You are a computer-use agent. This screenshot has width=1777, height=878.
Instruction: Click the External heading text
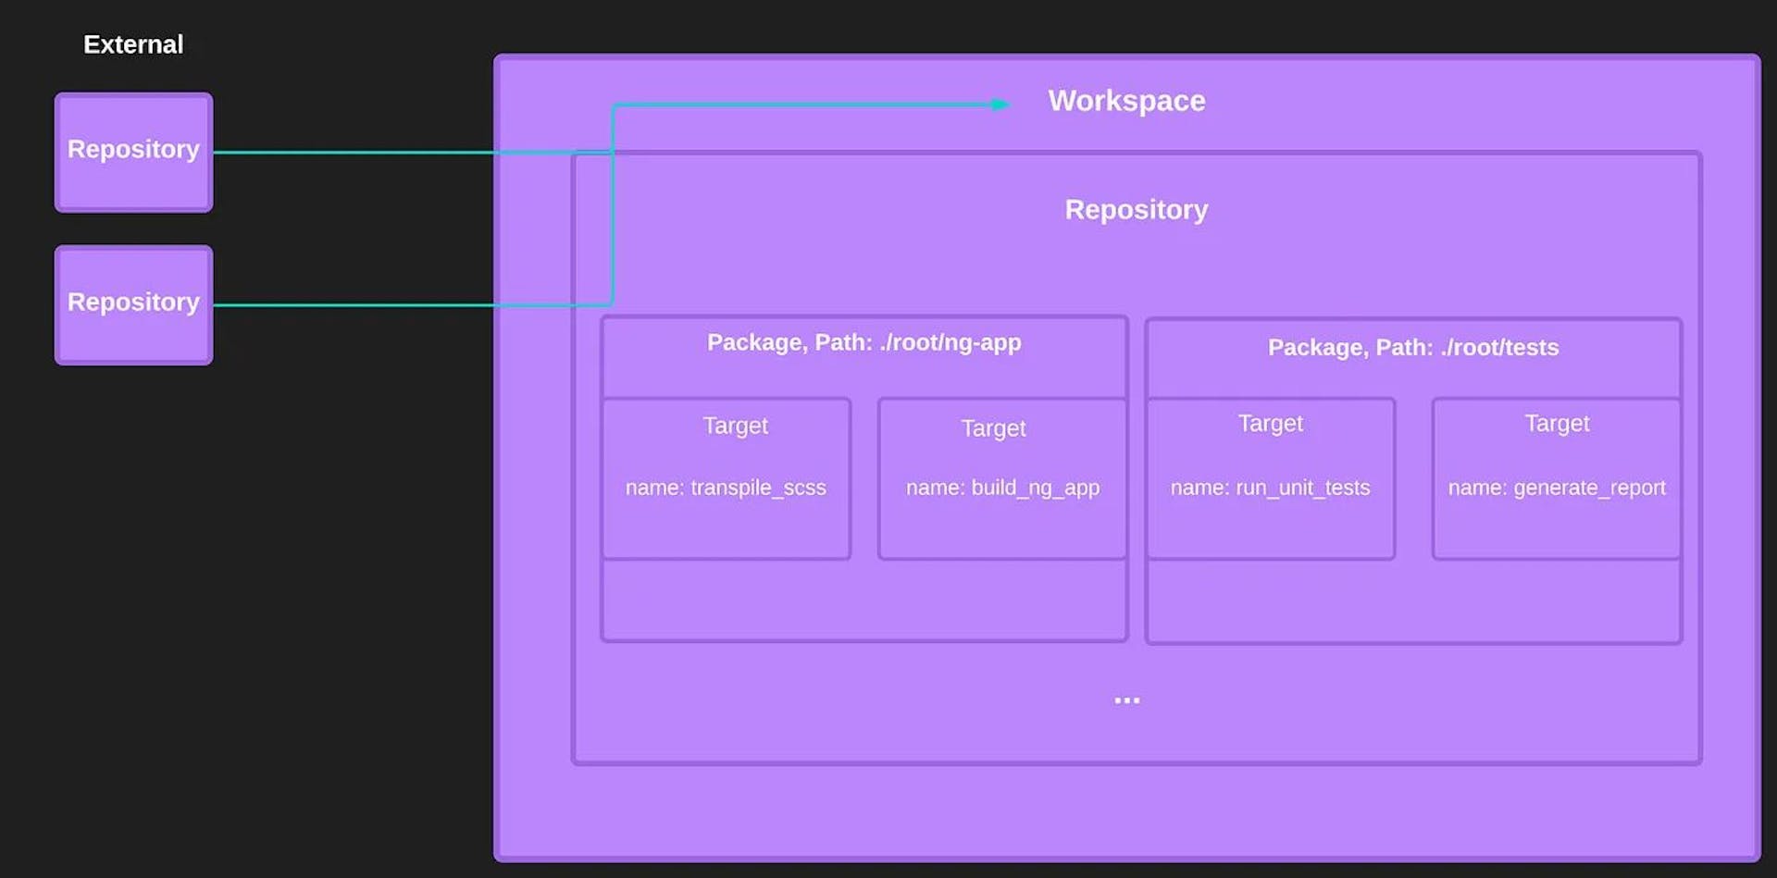point(133,44)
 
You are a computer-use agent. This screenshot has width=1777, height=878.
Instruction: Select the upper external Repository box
point(133,153)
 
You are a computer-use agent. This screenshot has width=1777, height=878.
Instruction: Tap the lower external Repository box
point(133,305)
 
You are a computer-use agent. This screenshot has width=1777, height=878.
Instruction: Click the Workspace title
point(1126,101)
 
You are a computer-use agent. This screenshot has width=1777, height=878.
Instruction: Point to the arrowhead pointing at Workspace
point(1000,105)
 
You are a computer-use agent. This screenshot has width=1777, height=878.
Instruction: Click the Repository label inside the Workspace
point(1136,210)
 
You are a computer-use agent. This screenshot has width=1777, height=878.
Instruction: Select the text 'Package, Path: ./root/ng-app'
point(864,342)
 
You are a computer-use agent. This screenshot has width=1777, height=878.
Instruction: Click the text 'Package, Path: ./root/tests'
point(1412,348)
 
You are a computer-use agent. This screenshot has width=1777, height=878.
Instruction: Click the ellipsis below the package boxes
point(1126,700)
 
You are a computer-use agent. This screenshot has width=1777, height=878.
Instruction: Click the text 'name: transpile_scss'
point(726,488)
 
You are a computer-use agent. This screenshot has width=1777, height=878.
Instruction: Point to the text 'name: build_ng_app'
point(1002,488)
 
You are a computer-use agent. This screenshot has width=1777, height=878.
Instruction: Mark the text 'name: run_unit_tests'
point(1270,488)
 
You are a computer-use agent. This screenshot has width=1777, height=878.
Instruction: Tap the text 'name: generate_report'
point(1556,488)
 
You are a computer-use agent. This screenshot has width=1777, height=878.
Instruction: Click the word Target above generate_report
point(1556,424)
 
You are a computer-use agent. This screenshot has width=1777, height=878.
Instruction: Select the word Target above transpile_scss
point(735,426)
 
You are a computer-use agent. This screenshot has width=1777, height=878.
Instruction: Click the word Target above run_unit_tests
point(1270,424)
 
